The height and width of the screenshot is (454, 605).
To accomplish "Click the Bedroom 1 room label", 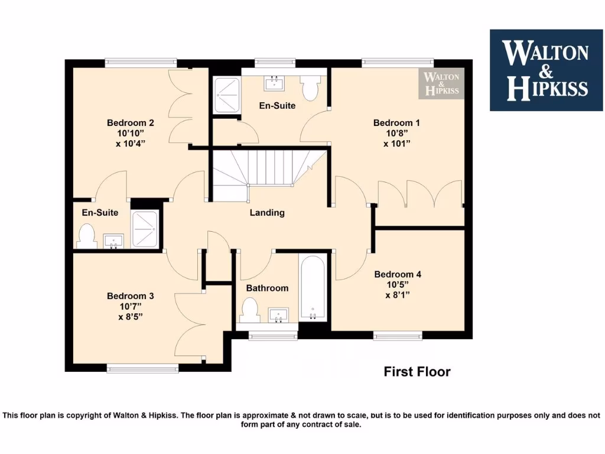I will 396,123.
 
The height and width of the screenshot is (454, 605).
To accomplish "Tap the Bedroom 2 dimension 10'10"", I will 131,134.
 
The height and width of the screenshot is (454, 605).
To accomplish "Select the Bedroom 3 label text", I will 131,296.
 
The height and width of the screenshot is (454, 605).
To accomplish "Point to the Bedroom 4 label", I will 398,274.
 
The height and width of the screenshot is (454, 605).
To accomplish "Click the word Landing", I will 267,213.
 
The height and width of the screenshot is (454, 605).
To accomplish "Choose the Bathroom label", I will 267,288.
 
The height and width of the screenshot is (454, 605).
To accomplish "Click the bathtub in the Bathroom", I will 312,288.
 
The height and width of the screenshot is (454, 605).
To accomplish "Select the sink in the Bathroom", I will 277,314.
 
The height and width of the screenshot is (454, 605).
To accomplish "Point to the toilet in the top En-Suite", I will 310,88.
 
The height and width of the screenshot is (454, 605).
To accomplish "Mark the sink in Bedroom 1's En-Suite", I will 274,83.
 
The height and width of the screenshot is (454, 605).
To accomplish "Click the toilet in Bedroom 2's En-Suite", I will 87,235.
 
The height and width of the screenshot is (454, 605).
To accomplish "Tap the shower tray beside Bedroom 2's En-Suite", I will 145,229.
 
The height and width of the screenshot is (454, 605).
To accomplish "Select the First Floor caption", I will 417,372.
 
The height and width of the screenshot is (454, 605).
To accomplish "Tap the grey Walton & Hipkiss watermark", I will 442,83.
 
